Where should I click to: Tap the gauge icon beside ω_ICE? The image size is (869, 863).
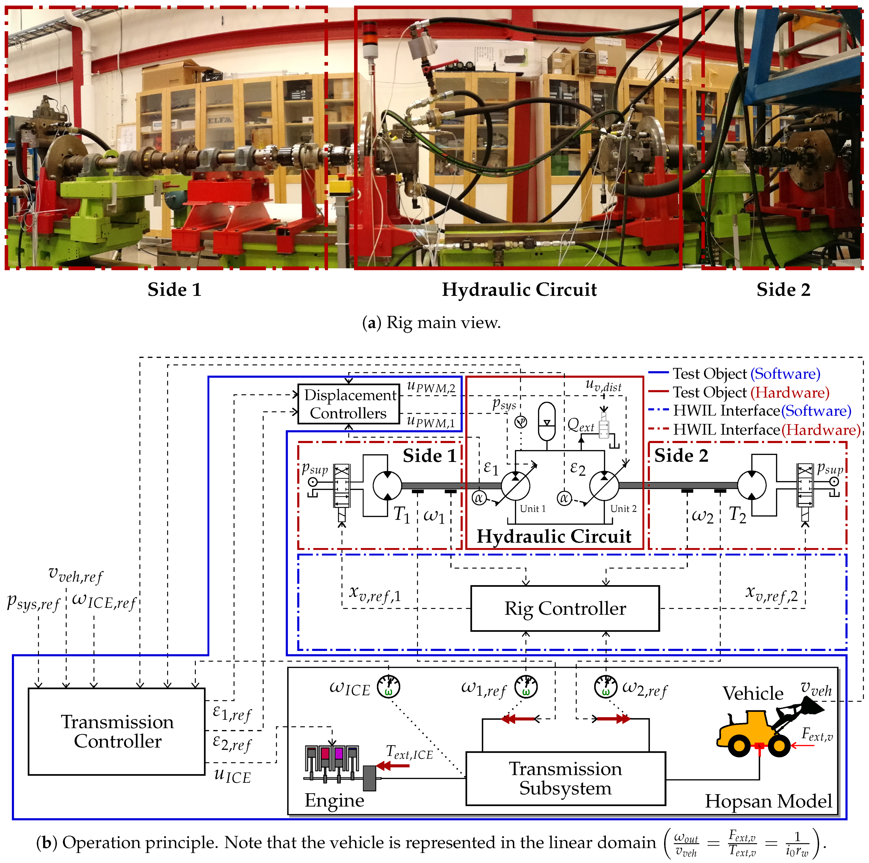click(x=388, y=687)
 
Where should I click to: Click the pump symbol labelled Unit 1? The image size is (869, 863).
click(x=515, y=486)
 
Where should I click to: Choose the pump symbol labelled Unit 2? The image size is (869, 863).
click(x=604, y=486)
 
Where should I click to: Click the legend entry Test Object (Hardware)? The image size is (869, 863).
click(x=750, y=392)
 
